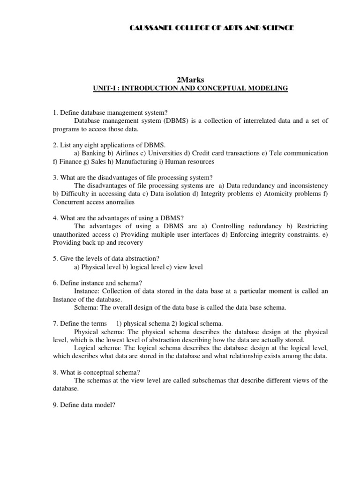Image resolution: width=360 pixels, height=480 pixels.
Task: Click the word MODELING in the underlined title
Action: coord(267,88)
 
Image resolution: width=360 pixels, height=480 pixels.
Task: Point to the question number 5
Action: coord(55,259)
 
